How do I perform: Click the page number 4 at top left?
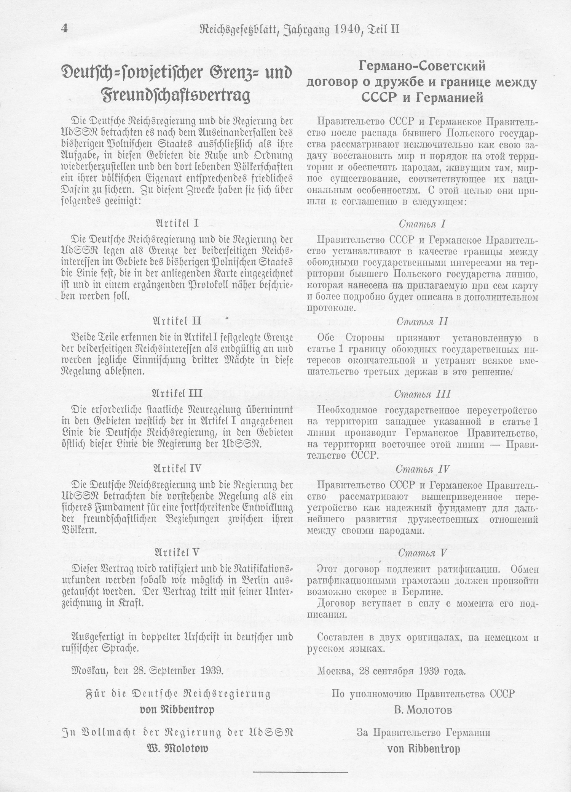pyautogui.click(x=64, y=29)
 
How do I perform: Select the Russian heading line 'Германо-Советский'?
pyautogui.click(x=422, y=67)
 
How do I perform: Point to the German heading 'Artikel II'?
pyautogui.click(x=177, y=320)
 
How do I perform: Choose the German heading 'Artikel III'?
pyautogui.click(x=177, y=393)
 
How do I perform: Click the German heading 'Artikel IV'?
pyautogui.click(x=177, y=468)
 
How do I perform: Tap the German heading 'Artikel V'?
pyautogui.click(x=177, y=552)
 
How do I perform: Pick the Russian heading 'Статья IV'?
pyautogui.click(x=422, y=469)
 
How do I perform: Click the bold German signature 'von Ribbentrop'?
pyautogui.click(x=177, y=709)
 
